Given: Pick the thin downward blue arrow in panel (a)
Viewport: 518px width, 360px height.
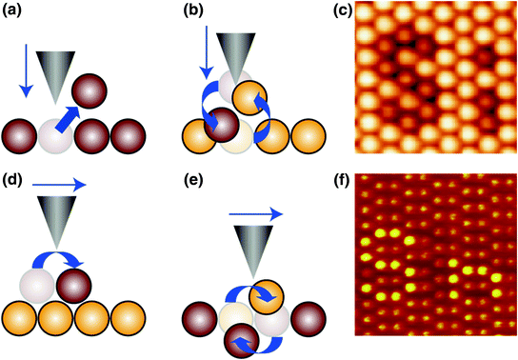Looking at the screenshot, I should click(x=26, y=81).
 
